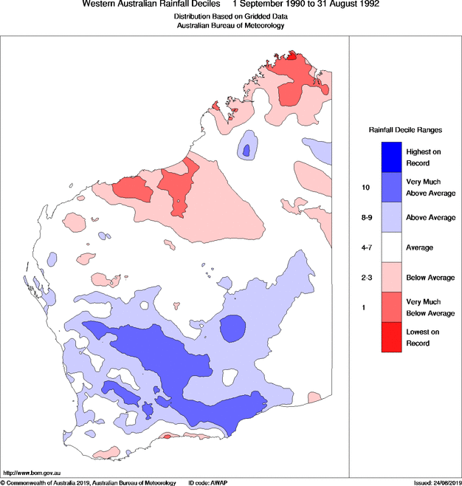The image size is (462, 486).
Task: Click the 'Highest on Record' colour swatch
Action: (391, 157)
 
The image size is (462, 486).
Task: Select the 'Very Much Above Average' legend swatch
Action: (391, 187)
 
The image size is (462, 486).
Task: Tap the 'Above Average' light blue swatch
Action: (391, 217)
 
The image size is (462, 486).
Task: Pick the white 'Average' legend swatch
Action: (391, 247)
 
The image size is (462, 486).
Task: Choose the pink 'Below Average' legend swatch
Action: (391, 278)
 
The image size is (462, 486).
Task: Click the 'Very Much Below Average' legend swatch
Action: (391, 307)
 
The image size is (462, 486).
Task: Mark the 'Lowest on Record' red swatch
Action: (391, 338)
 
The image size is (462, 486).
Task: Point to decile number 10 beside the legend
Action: (365, 188)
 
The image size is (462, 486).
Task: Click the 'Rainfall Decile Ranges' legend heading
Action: (405, 130)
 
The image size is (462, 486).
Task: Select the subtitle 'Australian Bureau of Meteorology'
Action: (230, 25)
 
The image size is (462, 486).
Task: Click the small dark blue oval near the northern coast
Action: (246, 151)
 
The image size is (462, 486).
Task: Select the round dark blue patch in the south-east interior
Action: (234, 328)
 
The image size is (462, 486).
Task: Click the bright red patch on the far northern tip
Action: (292, 55)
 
